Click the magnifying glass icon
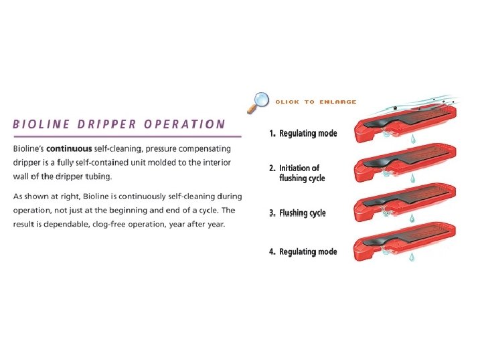tap(258, 102)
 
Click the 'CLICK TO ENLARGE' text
tap(316, 102)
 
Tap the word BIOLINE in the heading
tap(42, 124)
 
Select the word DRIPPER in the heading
tap(107, 124)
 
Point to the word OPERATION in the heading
tap(184, 124)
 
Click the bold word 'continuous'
tap(69, 148)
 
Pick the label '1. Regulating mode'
tap(303, 134)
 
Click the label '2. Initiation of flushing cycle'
tap(301, 173)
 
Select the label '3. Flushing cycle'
tap(298, 213)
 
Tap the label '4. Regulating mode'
tap(303, 252)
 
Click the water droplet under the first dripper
tap(412, 140)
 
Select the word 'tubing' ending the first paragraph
tap(96, 177)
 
